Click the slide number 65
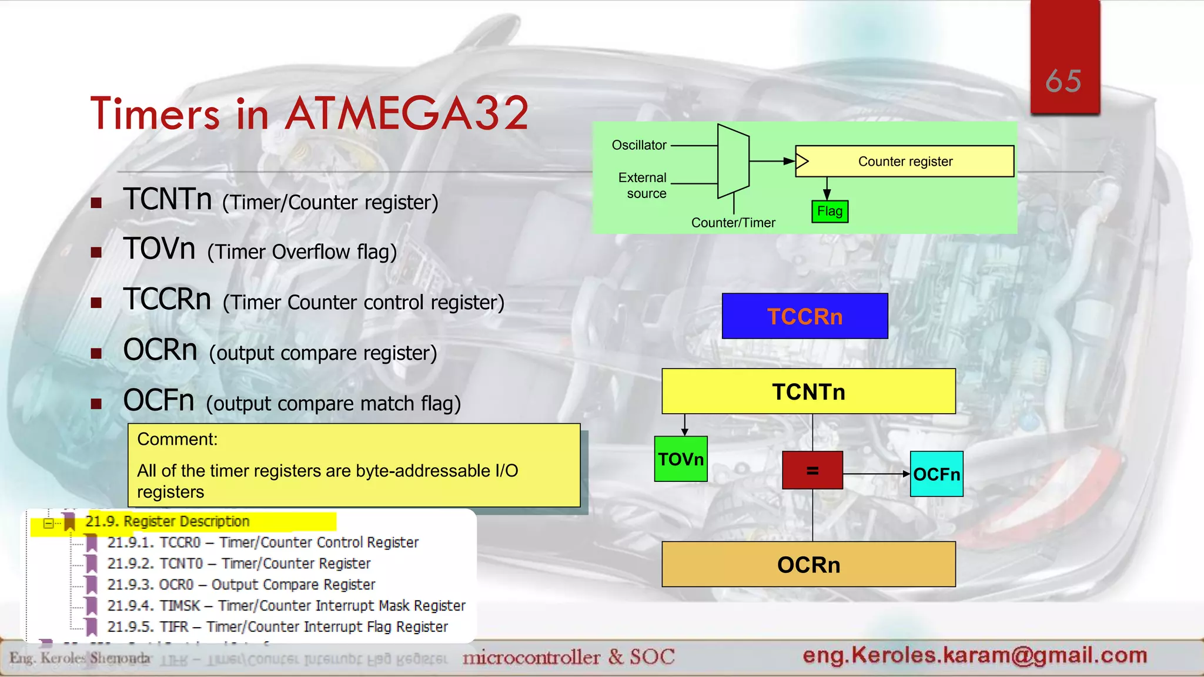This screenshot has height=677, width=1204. point(1063,81)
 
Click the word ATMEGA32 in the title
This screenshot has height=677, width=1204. point(407,113)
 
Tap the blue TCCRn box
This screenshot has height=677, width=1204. point(805,316)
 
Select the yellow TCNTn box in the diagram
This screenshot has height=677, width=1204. point(808,391)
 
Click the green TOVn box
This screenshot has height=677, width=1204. point(681,459)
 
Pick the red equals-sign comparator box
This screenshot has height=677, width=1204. point(812,470)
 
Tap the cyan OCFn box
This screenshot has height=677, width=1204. point(937,474)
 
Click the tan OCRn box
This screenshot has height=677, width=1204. point(808,564)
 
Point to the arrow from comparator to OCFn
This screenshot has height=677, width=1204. point(876,474)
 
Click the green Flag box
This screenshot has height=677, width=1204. point(830,211)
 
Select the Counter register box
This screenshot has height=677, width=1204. point(905,161)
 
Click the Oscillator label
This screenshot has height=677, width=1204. point(639,145)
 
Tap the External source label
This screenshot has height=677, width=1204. point(643,185)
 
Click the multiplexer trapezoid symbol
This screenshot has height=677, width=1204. point(733,161)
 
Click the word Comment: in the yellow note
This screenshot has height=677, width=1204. point(177,439)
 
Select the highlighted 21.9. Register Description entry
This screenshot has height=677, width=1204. point(168,521)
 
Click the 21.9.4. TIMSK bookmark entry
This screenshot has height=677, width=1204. point(286,605)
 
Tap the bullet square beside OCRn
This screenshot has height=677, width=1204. point(96,353)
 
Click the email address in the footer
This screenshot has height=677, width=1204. point(975,655)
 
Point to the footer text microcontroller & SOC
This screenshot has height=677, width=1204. point(568,656)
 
